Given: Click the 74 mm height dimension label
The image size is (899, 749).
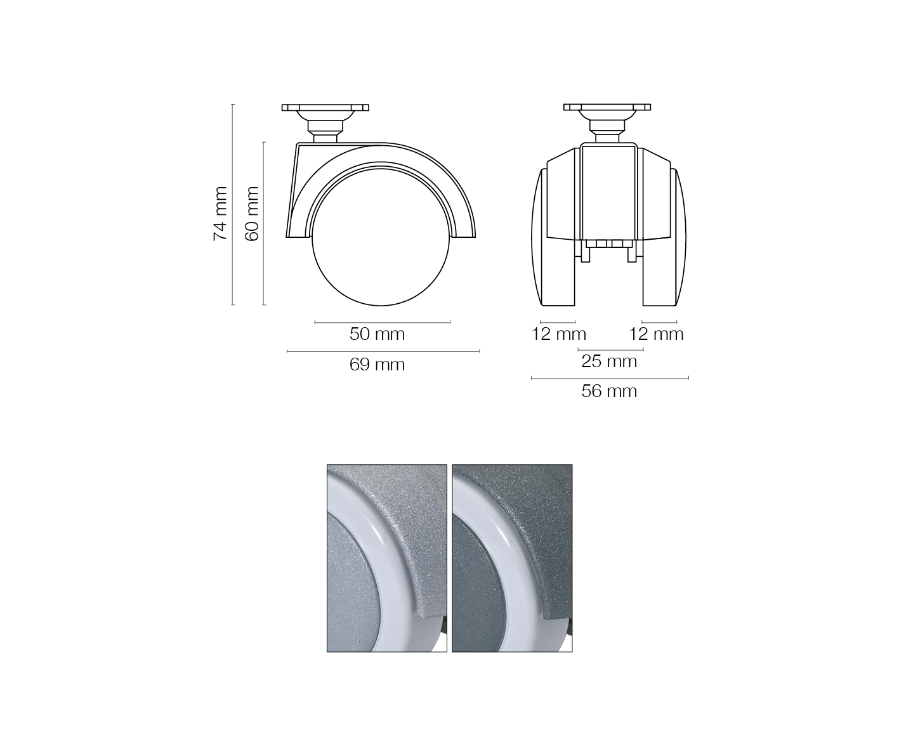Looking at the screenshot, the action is [220, 214].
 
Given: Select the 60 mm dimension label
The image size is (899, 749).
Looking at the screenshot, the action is [251, 214].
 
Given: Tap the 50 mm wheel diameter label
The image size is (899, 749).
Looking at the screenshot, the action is [377, 334].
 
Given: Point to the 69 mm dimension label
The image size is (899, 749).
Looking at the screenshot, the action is [377, 365].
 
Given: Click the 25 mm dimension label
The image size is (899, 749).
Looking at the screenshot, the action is [609, 361].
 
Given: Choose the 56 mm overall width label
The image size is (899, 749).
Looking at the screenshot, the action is [609, 391].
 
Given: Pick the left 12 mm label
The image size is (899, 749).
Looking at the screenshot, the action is [558, 334].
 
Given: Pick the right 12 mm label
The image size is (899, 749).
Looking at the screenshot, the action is [656, 334].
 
